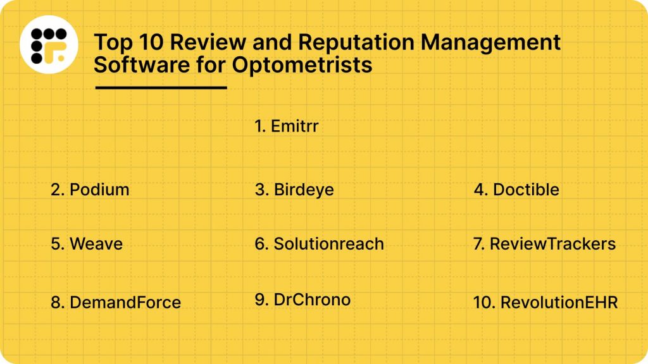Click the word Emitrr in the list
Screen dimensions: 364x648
(x=294, y=126)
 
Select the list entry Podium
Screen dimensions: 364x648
(x=99, y=190)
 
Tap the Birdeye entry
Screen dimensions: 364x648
(x=304, y=190)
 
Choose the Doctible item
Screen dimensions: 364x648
(x=526, y=190)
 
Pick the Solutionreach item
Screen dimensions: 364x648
(x=328, y=244)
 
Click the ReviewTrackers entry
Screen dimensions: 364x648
(x=552, y=244)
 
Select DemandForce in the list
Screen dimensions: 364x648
(x=125, y=303)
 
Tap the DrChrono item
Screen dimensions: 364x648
(x=312, y=300)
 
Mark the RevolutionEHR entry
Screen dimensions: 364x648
(x=559, y=303)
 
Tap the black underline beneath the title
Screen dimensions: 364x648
(x=161, y=87)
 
